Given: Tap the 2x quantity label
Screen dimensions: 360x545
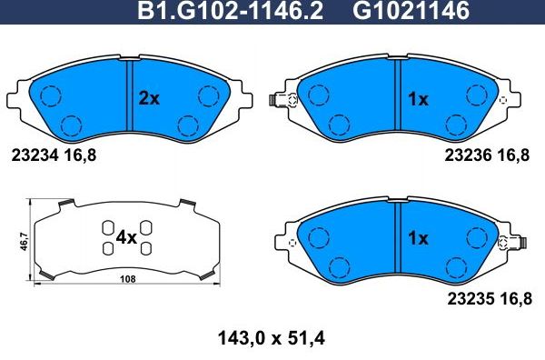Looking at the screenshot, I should [148, 99].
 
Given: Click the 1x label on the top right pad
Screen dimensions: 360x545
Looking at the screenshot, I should [417, 99].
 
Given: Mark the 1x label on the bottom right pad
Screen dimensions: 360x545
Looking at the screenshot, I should [417, 239].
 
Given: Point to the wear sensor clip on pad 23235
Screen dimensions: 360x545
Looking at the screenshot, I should [521, 243].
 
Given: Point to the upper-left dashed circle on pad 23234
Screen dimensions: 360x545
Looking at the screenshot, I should [51, 95].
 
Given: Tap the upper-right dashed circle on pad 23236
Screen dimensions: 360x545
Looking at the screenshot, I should [475, 95].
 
